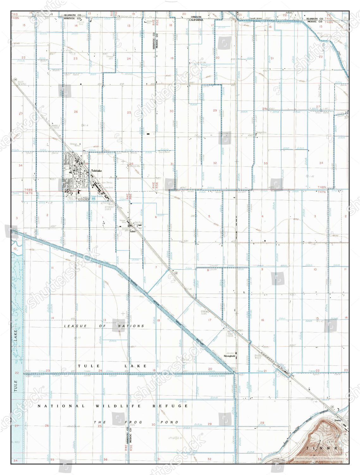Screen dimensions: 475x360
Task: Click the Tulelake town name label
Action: point(96,171)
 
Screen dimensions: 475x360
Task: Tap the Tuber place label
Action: point(133,231)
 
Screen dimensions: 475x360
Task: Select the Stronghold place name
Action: point(229,356)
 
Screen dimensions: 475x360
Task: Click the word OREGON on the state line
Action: point(196,17)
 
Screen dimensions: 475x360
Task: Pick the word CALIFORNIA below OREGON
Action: point(196,20)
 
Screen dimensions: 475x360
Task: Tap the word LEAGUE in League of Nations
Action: point(75,326)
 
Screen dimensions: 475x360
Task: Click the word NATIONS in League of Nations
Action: point(131,326)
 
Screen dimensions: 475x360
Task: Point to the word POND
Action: point(169,422)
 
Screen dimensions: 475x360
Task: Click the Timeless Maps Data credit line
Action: point(319,458)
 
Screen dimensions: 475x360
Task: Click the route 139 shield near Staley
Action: point(332,407)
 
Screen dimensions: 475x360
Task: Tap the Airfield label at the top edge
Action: point(289,12)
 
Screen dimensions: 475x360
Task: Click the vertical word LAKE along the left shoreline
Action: point(16,336)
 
